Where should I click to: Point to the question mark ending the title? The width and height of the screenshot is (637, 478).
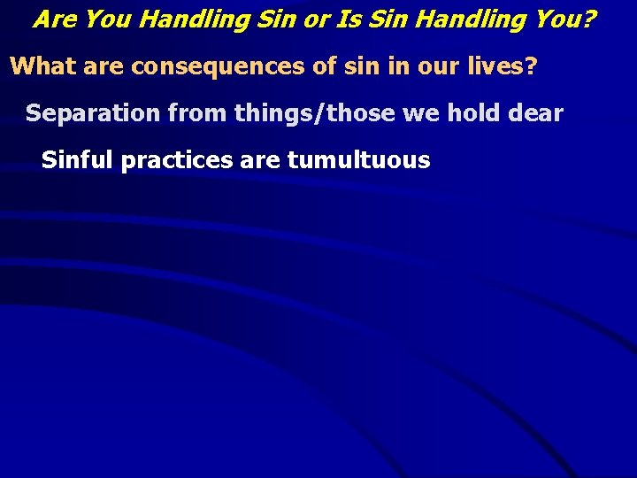pyautogui.click(x=587, y=19)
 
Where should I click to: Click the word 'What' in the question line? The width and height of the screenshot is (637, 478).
pyautogui.click(x=42, y=66)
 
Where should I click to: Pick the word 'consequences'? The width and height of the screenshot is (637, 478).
pyautogui.click(x=204, y=66)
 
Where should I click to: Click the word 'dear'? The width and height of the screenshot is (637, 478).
pyautogui.click(x=536, y=113)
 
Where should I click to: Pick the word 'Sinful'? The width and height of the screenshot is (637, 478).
pyautogui.click(x=78, y=160)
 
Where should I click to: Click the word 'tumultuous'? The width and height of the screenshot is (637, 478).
pyautogui.click(x=358, y=160)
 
